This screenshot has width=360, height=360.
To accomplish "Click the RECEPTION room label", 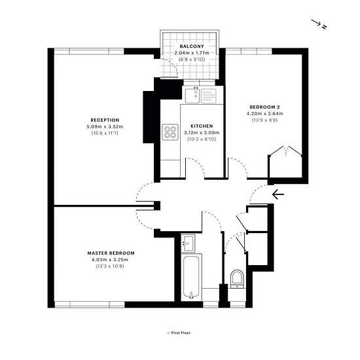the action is tap(105, 120).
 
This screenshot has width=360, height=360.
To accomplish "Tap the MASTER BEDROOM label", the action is tap(111, 253).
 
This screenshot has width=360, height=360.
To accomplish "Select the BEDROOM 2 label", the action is tap(264, 107).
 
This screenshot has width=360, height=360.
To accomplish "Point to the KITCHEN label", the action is tap(202, 126).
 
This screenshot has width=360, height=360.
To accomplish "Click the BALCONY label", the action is tap(192, 46).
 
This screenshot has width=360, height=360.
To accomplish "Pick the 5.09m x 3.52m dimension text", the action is tap(105, 126).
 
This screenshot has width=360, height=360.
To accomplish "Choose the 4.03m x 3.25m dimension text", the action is tap(110, 260).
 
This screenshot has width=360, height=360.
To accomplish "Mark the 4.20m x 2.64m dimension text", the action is tap(264, 113).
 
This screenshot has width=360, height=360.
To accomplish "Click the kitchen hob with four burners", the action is tap(170, 132).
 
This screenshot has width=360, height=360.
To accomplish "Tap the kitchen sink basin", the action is tap(192, 96).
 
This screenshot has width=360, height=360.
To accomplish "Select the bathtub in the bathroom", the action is tap(191, 277).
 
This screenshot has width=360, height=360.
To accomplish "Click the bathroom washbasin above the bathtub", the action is tap(188, 243).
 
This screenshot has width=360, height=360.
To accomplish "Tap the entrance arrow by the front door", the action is tap(278, 194).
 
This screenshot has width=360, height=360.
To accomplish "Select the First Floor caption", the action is tap(179, 333).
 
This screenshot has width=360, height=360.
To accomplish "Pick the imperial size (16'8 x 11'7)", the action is tap(105, 133).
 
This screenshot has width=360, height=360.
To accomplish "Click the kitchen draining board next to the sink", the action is tap(208, 96).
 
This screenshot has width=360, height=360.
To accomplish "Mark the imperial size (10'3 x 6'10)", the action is tap(202, 139).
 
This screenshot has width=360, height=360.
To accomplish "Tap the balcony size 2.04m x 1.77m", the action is tap(192, 53).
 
